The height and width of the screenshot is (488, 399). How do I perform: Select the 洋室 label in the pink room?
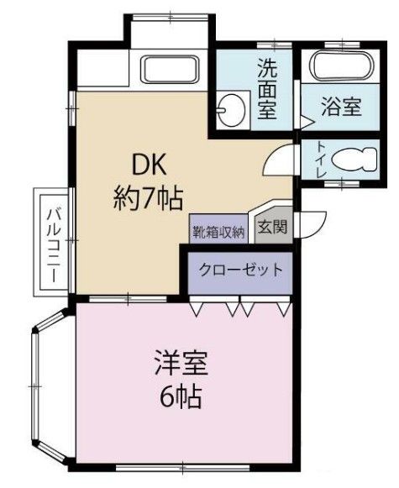point(180,365)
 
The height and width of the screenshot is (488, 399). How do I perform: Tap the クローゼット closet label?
point(239,270)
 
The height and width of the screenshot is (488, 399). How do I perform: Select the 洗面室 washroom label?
point(267,88)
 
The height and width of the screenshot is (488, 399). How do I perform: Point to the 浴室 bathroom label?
point(340,108)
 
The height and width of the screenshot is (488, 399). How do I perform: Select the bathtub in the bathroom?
point(339,66)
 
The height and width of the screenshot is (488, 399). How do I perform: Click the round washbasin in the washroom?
point(228,108)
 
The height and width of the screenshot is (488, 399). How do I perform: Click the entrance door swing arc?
point(312,221)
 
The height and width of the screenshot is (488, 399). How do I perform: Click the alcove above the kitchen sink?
point(169,34)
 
